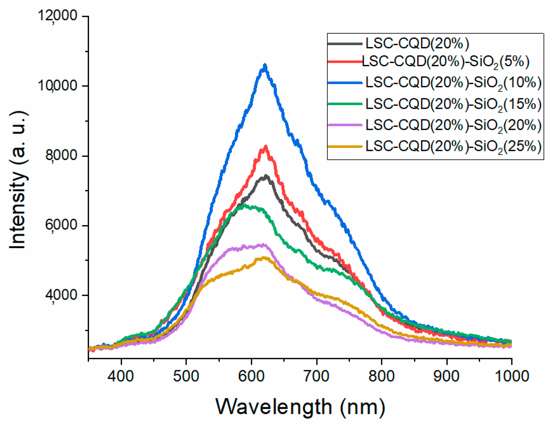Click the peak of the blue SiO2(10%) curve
[x=265, y=66]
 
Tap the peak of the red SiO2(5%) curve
[x=265, y=147]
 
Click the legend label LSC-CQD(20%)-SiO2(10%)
[x=453, y=83]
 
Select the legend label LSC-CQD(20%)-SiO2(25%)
[x=453, y=147]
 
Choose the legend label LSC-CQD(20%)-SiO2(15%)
[x=453, y=104]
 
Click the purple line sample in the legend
[x=345, y=125]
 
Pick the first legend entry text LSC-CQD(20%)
[x=417, y=43]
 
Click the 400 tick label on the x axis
[x=120, y=376]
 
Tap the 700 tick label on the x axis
[x=316, y=376]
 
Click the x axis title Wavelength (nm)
[x=300, y=407]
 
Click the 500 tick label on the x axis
[x=186, y=376]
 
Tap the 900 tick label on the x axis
[x=446, y=376]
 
